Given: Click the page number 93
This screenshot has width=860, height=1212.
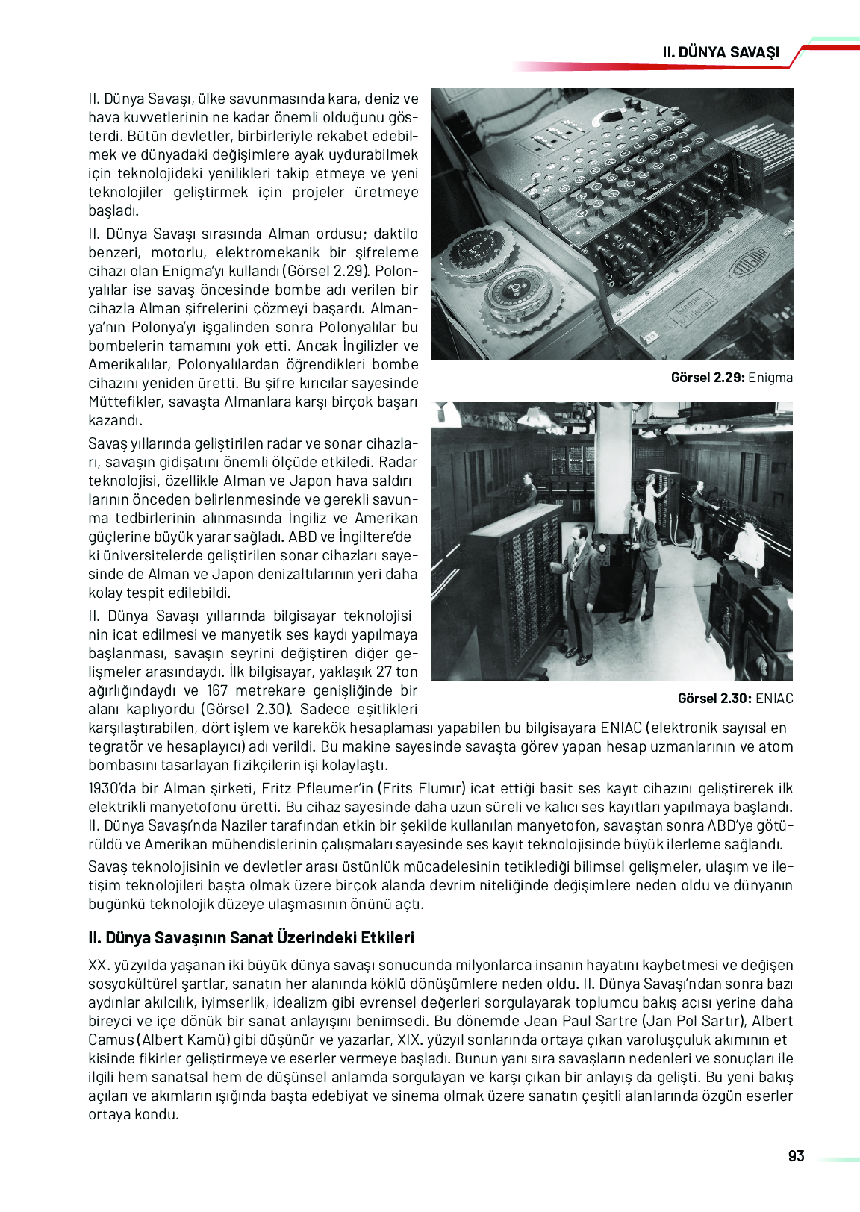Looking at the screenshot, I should [x=796, y=1156].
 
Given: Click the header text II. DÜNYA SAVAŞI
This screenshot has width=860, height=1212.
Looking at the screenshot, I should [x=720, y=52].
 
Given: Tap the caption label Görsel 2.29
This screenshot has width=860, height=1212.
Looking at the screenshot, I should [x=707, y=378].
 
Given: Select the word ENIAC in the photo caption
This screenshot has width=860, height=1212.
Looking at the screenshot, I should [x=774, y=699].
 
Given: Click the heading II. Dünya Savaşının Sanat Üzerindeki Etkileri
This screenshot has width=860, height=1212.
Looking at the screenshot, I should [x=251, y=938].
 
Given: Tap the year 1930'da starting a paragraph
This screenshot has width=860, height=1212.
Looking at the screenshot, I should [x=113, y=788].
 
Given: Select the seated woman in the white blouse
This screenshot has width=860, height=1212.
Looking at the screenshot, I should [x=748, y=544].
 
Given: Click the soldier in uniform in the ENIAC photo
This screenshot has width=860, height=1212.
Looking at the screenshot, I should [x=700, y=515].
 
